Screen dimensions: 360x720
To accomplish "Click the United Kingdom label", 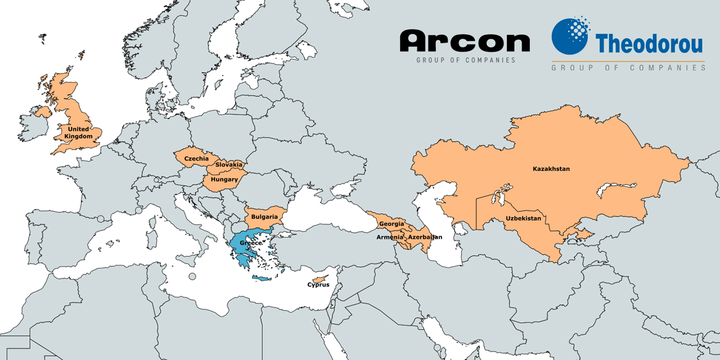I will click(81, 133).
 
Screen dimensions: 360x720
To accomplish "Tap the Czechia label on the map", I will click(196, 158).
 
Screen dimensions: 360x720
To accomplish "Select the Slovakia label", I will click(229, 164).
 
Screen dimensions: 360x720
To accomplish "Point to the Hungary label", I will click(224, 179).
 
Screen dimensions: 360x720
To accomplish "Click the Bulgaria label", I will click(264, 217).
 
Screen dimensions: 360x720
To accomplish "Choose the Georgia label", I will click(392, 224).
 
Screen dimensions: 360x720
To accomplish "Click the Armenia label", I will click(390, 237).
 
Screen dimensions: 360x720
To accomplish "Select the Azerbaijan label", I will click(425, 237).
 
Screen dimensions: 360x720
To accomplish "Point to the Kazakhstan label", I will click(551, 169).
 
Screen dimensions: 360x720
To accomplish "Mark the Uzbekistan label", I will click(523, 218).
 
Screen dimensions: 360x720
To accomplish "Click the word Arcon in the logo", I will click(465, 41).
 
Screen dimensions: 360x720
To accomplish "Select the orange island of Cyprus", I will click(322, 279).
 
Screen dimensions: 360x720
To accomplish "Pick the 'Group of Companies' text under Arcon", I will click(466, 60).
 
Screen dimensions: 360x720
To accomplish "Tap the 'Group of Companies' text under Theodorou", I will click(628, 68).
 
